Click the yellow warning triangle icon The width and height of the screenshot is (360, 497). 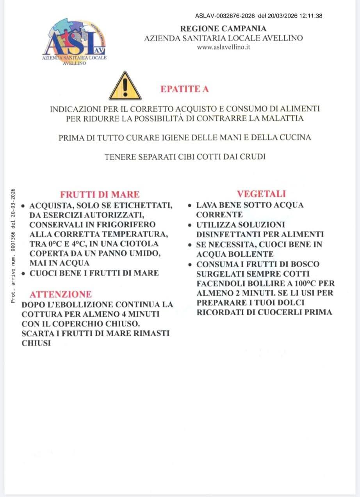click(125, 86)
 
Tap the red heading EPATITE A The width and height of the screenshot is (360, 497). click(185, 89)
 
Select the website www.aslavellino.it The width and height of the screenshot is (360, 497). click(223, 47)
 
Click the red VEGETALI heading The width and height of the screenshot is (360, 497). click(261, 194)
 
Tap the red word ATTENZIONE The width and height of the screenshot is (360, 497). click(61, 294)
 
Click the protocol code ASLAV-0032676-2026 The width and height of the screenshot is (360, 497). click(225, 16)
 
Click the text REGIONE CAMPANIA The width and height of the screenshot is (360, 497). click(223, 28)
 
